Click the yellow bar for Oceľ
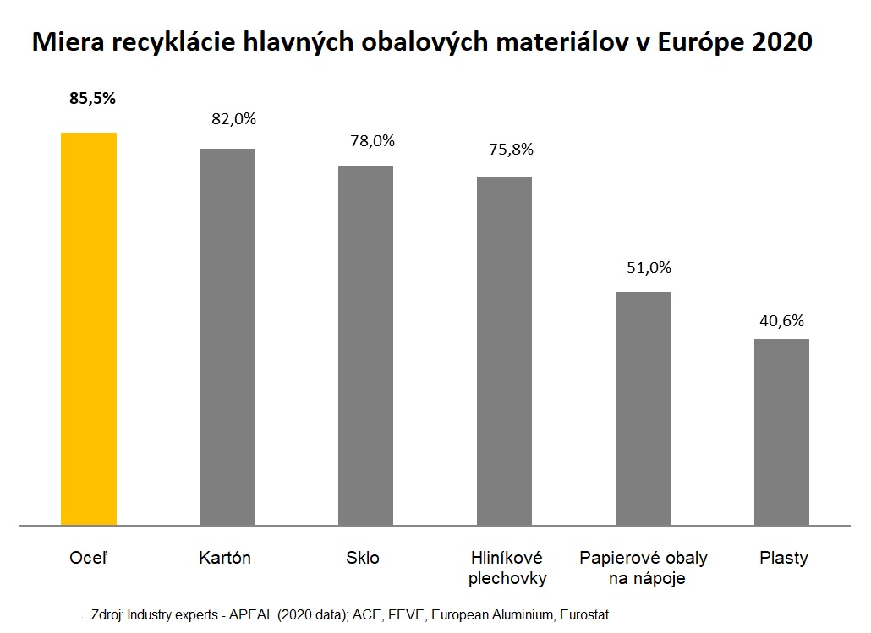[89, 329]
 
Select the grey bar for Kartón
[227, 337]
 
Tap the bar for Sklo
[365, 346]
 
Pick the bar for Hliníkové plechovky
[504, 351]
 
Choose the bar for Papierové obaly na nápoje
[643, 408]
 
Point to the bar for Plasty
[781, 432]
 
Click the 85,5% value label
[93, 99]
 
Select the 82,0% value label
[233, 119]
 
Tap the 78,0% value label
[372, 141]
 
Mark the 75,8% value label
[511, 150]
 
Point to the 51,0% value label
[649, 268]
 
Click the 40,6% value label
[781, 320]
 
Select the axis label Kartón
[225, 558]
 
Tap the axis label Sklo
[363, 558]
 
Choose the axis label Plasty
[783, 558]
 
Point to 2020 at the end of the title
[782, 42]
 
